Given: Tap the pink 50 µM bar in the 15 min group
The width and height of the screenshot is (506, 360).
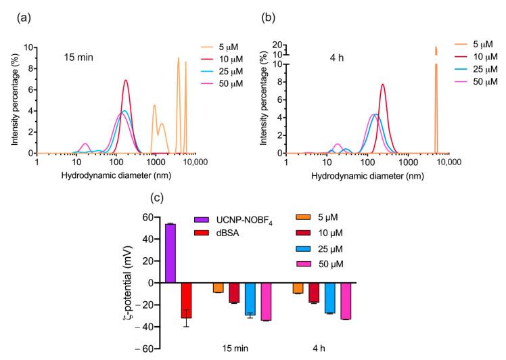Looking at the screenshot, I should click(x=265, y=302).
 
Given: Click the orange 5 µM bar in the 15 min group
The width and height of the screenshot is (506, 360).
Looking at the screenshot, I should click(x=218, y=288).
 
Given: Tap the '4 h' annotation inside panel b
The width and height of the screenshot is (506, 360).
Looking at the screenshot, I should click(x=322, y=56).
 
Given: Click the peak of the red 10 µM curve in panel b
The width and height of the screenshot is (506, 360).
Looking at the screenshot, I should click(x=383, y=85).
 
